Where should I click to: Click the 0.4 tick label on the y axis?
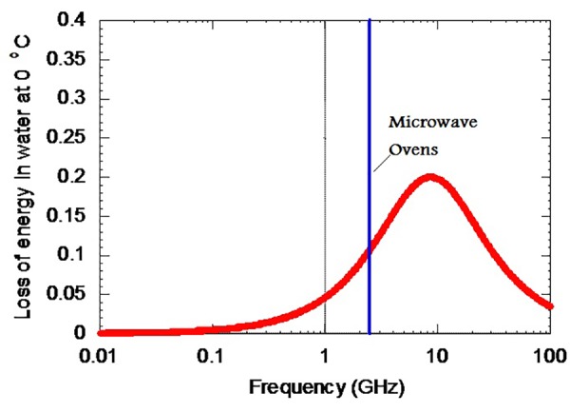coord(78,20)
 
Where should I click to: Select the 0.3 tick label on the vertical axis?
coord(78,98)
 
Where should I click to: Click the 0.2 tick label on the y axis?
coord(78,177)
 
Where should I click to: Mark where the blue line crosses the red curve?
coord(370,250)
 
